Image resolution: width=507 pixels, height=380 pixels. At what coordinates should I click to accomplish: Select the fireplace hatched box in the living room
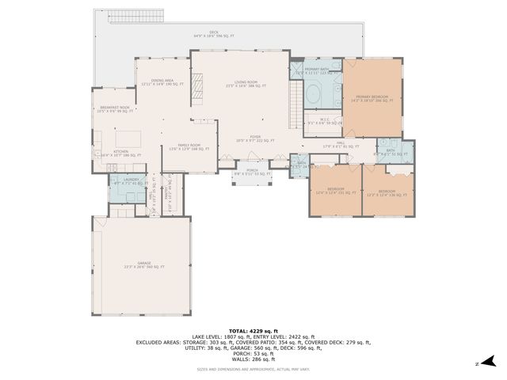[x=197, y=84]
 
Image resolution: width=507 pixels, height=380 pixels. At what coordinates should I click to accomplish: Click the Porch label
[x=252, y=171]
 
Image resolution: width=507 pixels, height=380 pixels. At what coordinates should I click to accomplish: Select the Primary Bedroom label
[x=372, y=97]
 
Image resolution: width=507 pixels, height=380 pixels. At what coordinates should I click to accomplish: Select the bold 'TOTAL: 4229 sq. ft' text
[x=253, y=330]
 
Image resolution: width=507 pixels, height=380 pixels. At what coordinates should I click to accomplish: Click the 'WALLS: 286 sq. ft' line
[x=253, y=359]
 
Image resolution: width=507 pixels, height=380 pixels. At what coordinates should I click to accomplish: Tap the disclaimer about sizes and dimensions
[x=253, y=369]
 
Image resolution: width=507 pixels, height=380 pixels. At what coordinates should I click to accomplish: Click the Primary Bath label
[x=323, y=71]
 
